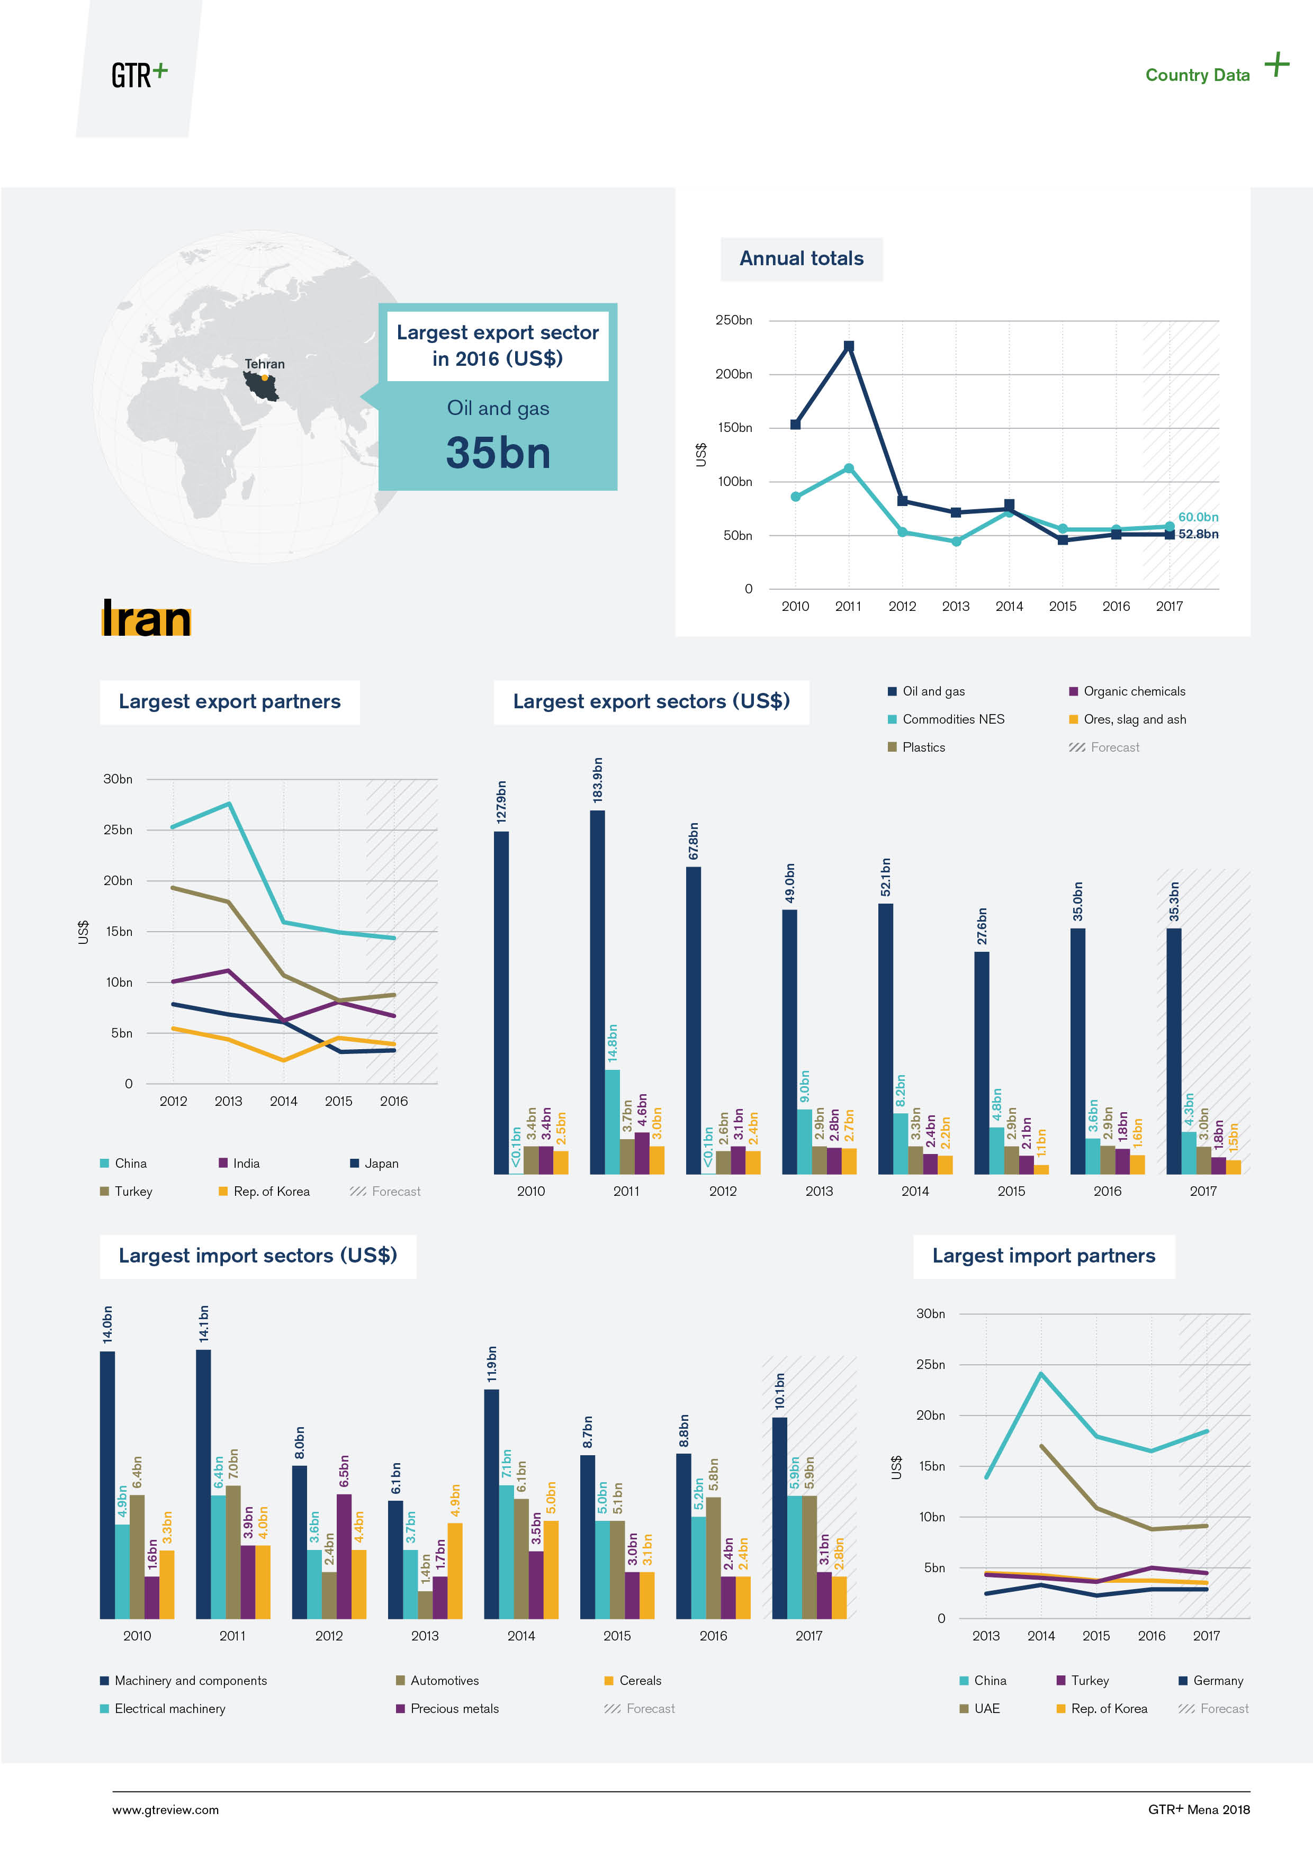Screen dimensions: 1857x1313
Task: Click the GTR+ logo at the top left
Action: click(x=139, y=75)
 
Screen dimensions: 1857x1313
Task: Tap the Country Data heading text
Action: click(x=1197, y=75)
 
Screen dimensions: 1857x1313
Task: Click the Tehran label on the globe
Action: click(x=265, y=364)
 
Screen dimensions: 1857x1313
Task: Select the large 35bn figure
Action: click(x=498, y=453)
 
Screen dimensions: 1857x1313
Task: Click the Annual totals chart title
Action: click(x=801, y=259)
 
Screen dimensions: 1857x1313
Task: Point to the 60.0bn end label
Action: click(x=1197, y=517)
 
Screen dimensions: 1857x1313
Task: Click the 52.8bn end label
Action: click(x=1197, y=534)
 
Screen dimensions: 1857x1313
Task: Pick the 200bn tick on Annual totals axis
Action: click(x=733, y=374)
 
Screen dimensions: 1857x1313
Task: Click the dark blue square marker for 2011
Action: click(x=849, y=346)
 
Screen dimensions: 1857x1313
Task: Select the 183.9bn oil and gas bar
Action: click(x=597, y=991)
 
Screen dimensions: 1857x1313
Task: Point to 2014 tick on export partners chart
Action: click(x=283, y=1101)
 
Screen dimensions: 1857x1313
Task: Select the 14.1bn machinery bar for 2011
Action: click(x=203, y=1483)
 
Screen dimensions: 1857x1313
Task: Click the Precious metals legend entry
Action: click(x=454, y=1708)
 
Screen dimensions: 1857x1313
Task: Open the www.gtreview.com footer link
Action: click(x=165, y=1810)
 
